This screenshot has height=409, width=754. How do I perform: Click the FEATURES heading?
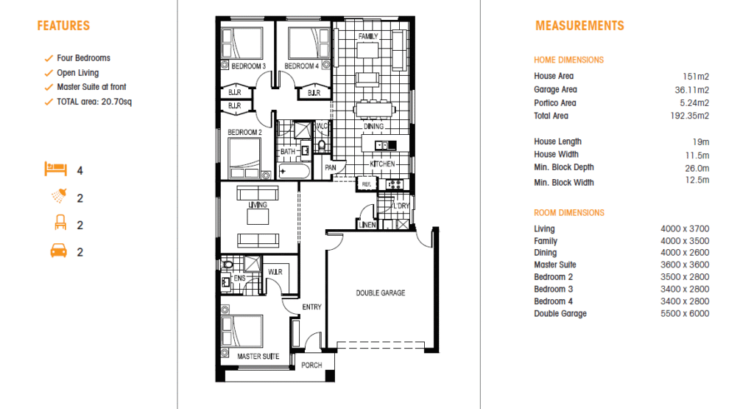coord(63,26)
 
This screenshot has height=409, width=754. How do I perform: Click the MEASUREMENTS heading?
coord(579,26)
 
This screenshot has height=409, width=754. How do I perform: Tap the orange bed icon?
coord(56,169)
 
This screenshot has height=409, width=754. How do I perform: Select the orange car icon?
coord(59,251)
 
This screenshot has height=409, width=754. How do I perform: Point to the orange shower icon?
coord(59,195)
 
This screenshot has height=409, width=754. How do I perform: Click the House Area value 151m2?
coord(695,77)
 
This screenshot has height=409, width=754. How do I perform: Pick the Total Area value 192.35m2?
coord(689,116)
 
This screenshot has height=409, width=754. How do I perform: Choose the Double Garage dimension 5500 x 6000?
coord(685,314)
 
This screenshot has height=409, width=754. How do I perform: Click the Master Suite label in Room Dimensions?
coord(555,265)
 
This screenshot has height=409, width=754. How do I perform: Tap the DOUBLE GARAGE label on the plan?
coord(381,293)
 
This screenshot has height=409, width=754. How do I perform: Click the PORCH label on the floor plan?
coord(311,366)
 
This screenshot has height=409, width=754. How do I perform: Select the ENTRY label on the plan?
coord(311,307)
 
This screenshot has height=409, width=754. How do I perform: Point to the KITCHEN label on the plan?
coord(382,164)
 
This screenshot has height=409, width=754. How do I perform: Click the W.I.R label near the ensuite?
coord(275,272)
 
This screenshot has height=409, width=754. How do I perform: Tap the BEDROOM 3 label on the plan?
coord(249,66)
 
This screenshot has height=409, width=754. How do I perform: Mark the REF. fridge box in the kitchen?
coord(367,183)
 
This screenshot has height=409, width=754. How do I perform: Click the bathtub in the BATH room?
coord(295,172)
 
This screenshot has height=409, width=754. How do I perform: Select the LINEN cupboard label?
coord(367,225)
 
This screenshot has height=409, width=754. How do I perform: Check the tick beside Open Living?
coord(49,73)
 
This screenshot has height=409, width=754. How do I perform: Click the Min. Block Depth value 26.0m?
coord(697,169)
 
